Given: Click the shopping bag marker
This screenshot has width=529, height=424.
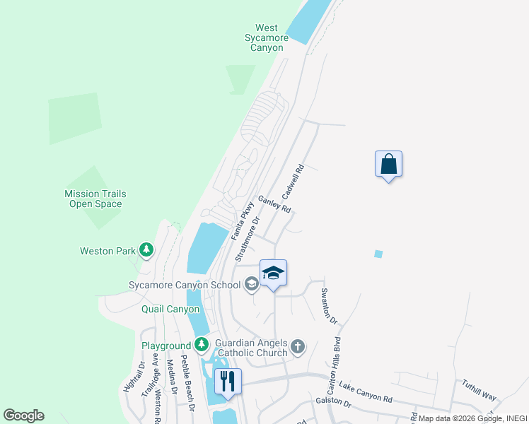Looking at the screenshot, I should click(x=388, y=164).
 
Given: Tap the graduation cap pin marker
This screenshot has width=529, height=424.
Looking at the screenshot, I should click(x=273, y=273).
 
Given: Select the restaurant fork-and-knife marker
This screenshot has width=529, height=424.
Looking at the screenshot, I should click(x=228, y=382).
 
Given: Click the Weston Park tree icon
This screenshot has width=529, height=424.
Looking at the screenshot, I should click(x=146, y=249).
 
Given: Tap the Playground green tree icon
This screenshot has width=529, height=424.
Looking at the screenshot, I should click(x=202, y=345).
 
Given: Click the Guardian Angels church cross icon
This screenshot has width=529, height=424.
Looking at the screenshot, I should click(x=298, y=346).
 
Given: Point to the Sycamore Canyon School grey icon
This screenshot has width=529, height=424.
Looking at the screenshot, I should click(x=250, y=285).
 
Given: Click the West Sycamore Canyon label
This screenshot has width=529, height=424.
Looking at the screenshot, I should click(x=267, y=37).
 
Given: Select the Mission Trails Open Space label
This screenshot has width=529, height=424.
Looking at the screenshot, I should click(x=93, y=199).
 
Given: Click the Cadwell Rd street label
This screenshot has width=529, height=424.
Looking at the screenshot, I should click(x=292, y=182).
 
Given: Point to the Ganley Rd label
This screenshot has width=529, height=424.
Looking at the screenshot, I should click(x=274, y=205).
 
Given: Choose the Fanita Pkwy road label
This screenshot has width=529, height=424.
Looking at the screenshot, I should click(x=242, y=220).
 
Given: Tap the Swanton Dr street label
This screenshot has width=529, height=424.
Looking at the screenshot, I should click(x=330, y=305).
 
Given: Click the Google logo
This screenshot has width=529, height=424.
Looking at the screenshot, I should click(x=24, y=416).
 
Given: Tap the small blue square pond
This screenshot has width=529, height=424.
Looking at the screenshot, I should click(x=378, y=254).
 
